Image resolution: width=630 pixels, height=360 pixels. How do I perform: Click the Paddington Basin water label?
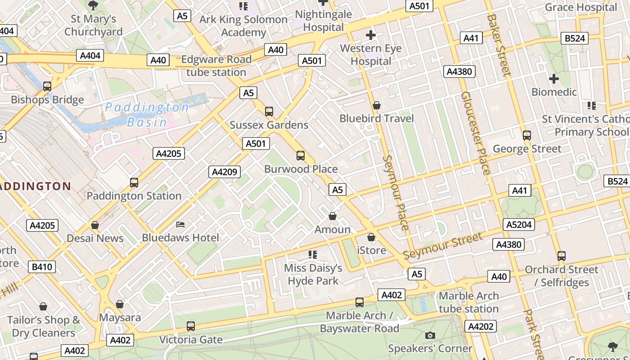point(147,114)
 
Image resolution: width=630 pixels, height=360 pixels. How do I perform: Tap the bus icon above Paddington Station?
point(134,182)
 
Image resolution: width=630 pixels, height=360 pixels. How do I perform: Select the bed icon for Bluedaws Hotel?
point(180,224)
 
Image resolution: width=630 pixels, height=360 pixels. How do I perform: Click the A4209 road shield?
point(225,171)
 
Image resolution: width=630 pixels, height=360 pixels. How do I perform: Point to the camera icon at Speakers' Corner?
point(430,335)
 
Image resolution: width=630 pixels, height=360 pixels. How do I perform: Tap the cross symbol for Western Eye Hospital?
point(371,35)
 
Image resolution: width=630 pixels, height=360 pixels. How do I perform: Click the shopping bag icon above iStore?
point(371,237)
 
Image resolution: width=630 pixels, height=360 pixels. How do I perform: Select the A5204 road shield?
point(519,225)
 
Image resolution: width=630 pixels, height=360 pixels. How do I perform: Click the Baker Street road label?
point(499,45)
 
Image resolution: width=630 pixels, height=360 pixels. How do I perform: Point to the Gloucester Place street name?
point(476,133)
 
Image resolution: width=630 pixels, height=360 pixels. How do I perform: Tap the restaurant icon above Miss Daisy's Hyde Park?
point(313,255)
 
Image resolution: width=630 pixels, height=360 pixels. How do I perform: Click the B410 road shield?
point(42,267)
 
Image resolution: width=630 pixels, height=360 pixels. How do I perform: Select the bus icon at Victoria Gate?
point(191,326)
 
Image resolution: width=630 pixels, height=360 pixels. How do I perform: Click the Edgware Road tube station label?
point(216,66)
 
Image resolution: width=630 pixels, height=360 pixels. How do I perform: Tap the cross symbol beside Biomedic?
point(554,79)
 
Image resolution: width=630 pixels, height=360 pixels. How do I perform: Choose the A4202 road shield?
point(481,326)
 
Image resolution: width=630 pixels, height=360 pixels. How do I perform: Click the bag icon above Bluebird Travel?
point(377,105)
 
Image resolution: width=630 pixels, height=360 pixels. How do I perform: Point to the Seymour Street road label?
point(442,246)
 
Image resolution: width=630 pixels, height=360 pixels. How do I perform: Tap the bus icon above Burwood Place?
point(301,156)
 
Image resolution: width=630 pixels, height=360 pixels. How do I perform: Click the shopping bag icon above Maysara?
point(120,304)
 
